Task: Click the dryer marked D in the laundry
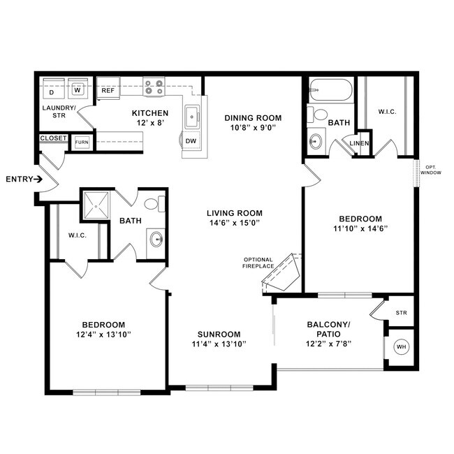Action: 52,91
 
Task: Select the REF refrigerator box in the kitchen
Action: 108,90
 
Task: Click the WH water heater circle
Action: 401,347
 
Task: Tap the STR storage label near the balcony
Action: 401,312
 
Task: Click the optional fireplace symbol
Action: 283,272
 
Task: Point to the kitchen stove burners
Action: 153,87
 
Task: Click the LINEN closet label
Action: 359,143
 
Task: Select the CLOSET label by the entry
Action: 54,138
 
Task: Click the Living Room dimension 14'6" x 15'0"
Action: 234,224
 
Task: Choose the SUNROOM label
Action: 218,334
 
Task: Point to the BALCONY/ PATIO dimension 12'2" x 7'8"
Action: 328,343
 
